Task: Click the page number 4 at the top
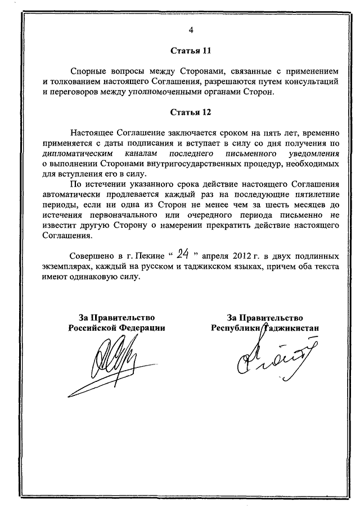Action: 191,30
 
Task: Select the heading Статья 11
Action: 191,51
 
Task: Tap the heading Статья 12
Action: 191,112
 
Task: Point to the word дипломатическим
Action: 75,153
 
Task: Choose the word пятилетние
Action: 313,194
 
